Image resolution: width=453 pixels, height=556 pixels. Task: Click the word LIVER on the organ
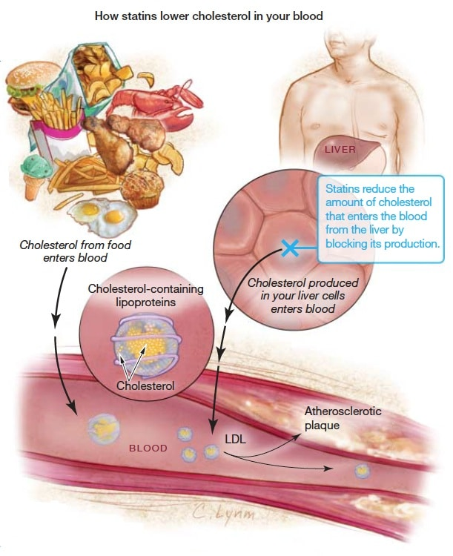(x=340, y=149)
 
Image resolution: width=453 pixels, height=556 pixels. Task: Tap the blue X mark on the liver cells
(x=290, y=248)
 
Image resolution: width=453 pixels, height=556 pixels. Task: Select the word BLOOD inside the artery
(x=148, y=449)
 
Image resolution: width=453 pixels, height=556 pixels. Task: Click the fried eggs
(x=102, y=214)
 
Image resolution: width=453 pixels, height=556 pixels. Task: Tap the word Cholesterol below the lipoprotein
(x=145, y=385)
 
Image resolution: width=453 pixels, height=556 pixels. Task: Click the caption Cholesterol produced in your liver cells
(x=302, y=296)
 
